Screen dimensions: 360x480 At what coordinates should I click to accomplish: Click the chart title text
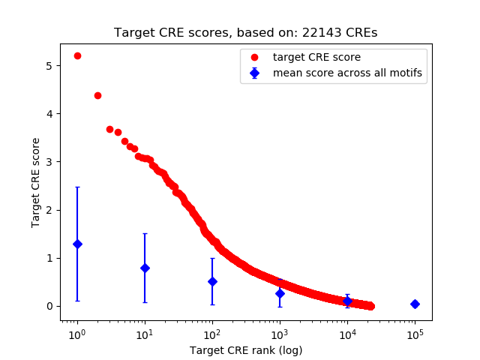click(x=245, y=33)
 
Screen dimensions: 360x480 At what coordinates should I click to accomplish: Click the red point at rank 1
click(x=77, y=56)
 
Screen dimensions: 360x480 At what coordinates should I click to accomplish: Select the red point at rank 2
click(x=97, y=95)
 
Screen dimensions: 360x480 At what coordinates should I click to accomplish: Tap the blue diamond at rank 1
click(x=77, y=244)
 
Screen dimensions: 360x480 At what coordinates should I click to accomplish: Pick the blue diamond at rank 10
click(x=145, y=268)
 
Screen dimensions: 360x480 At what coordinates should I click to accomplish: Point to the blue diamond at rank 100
click(x=212, y=281)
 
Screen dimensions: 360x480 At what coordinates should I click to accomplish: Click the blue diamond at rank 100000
click(x=415, y=304)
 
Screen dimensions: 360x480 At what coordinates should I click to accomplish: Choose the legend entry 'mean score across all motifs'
click(x=347, y=73)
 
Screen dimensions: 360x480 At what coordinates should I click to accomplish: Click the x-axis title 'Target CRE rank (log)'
click(x=245, y=349)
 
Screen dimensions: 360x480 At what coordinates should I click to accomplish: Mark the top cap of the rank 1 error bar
click(x=77, y=187)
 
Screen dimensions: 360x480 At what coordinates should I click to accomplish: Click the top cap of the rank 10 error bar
click(x=145, y=233)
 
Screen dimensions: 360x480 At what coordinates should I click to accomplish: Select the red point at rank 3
click(x=109, y=129)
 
